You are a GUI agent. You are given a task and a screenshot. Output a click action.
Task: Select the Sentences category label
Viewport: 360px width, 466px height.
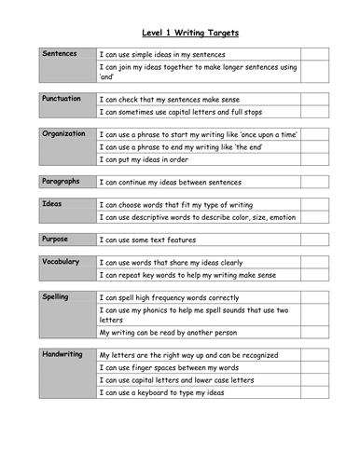click(61, 54)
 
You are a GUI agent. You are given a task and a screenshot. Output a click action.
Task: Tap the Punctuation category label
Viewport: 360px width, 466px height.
click(62, 99)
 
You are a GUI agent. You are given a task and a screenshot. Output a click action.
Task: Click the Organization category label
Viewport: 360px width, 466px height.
click(64, 134)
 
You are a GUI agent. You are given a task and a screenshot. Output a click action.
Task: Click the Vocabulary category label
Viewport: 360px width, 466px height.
click(62, 263)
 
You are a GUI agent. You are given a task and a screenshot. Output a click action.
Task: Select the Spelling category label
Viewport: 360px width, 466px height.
click(57, 297)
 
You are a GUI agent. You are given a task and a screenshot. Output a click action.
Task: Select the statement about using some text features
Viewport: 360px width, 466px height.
click(160, 240)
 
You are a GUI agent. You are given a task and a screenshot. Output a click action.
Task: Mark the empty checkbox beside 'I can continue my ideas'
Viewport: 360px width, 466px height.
click(313, 183)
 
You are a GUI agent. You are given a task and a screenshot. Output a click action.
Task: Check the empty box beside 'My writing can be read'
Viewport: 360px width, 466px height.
click(313, 333)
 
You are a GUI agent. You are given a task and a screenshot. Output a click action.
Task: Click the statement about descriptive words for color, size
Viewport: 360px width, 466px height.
click(197, 217)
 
